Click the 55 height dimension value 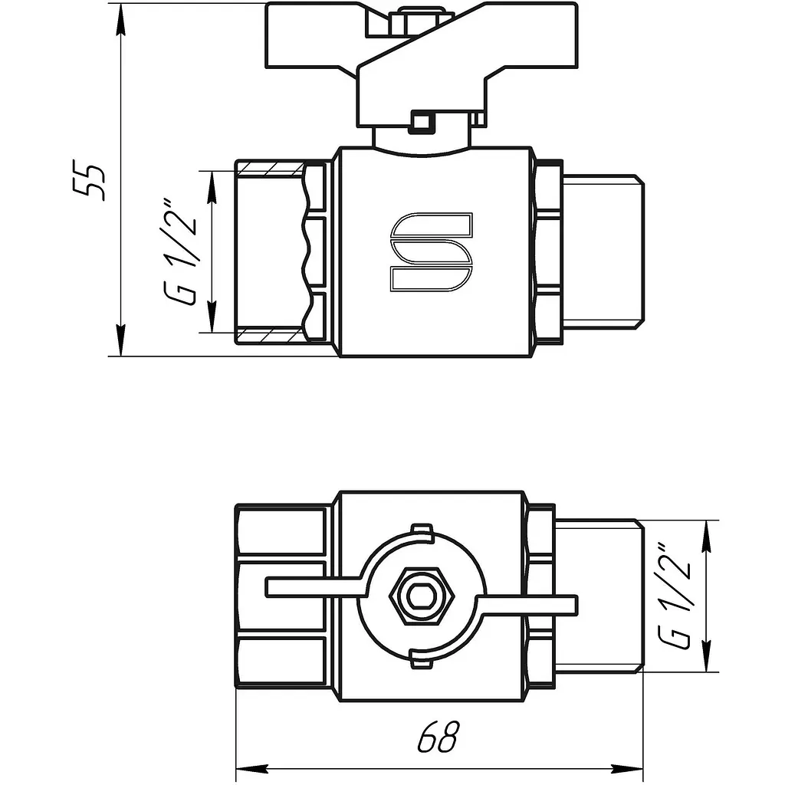click(x=90, y=180)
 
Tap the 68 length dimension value click(x=438, y=737)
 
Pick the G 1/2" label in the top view click(x=675, y=596)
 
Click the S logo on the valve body click(x=431, y=251)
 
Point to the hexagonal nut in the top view click(x=422, y=596)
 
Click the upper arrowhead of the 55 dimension click(x=120, y=20)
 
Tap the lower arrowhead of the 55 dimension click(x=120, y=340)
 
